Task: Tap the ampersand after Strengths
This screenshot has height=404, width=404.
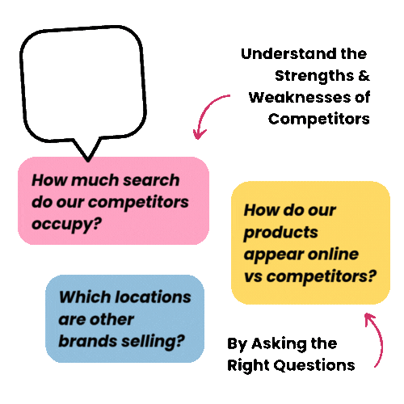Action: [x=364, y=75]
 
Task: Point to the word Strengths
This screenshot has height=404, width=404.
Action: [x=314, y=77]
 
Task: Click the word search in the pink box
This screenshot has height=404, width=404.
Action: [x=151, y=180]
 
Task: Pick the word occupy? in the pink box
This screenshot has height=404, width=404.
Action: [x=66, y=225]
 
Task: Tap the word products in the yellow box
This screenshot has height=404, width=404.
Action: [x=281, y=234]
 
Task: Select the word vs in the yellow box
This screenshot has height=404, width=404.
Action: [x=253, y=276]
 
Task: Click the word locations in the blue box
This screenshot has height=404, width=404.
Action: [x=153, y=297]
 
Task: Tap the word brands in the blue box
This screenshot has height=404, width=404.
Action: [x=87, y=341]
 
